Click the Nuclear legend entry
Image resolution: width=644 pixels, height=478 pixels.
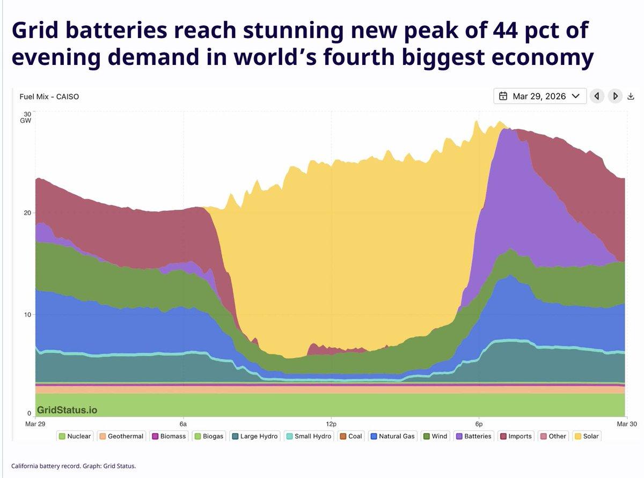pyautogui.click(x=75, y=436)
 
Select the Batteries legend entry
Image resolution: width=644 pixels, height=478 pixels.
pyautogui.click(x=473, y=436)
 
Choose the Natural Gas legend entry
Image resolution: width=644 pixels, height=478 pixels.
pyautogui.click(x=392, y=436)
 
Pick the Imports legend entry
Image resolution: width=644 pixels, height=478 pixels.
pyautogui.click(x=516, y=436)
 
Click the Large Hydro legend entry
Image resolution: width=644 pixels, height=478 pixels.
pyautogui.click(x=254, y=436)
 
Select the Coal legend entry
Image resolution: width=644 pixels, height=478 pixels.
pyautogui.click(x=350, y=436)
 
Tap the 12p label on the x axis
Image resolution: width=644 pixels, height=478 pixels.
pyautogui.click(x=331, y=423)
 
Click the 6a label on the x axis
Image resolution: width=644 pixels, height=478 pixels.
pyautogui.click(x=183, y=423)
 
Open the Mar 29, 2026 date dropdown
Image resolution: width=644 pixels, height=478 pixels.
pyautogui.click(x=539, y=96)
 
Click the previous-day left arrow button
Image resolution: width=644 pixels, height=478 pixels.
pyautogui.click(x=596, y=96)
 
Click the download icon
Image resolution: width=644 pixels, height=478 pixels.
pyautogui.click(x=631, y=97)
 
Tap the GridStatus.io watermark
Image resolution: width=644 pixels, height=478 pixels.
pyautogui.click(x=67, y=410)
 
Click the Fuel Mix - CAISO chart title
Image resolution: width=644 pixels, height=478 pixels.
pyautogui.click(x=49, y=97)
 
